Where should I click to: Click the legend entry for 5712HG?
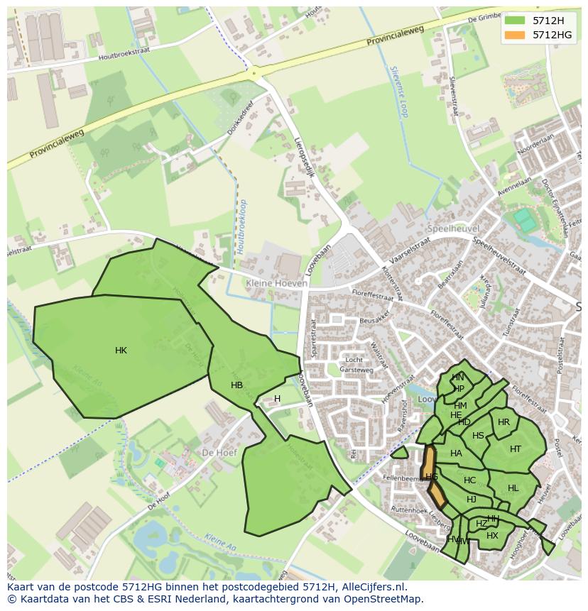(x=552, y=35)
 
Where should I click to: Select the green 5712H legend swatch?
(x=514, y=20)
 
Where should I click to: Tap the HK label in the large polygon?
(x=121, y=351)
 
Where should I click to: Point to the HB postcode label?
(x=236, y=385)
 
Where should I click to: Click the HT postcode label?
(x=516, y=448)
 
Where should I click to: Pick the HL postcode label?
(x=513, y=488)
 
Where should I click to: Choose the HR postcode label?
(x=503, y=422)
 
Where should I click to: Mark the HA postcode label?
(x=456, y=453)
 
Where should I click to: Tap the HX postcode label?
(x=492, y=536)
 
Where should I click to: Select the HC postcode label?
(x=469, y=480)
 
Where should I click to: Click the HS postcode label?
(x=478, y=436)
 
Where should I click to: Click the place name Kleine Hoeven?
(x=277, y=283)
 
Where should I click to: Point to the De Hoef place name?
(x=219, y=452)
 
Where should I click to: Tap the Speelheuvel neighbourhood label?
(x=454, y=229)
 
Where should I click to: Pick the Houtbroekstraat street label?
(x=125, y=56)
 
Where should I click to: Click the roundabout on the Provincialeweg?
(x=253, y=72)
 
